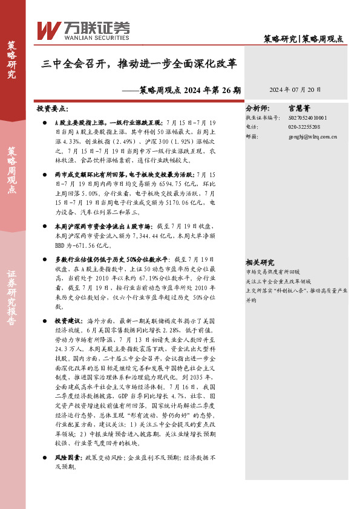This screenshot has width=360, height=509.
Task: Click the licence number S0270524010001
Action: coord(309,118)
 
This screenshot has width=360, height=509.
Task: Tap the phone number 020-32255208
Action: coord(304,128)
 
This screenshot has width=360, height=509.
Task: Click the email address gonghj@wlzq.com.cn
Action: coord(313,137)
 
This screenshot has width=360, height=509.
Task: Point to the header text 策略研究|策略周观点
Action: coord(304,39)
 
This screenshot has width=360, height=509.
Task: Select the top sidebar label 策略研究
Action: coord(11,60)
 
